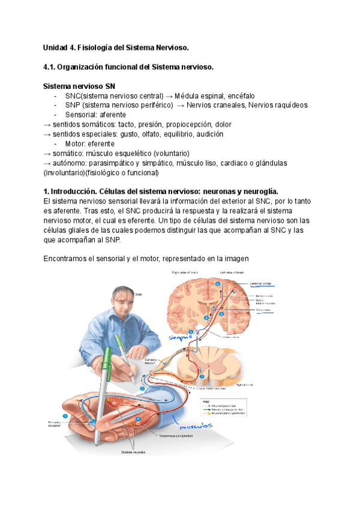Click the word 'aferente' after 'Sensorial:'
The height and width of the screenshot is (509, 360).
(113, 115)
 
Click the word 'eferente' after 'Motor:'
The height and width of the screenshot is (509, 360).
(101, 143)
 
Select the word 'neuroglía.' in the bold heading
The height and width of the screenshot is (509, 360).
(252, 191)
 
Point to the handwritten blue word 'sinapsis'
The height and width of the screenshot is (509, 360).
(179, 338)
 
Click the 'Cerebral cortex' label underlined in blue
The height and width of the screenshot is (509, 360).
(260, 283)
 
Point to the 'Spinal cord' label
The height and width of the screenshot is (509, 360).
(247, 384)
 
